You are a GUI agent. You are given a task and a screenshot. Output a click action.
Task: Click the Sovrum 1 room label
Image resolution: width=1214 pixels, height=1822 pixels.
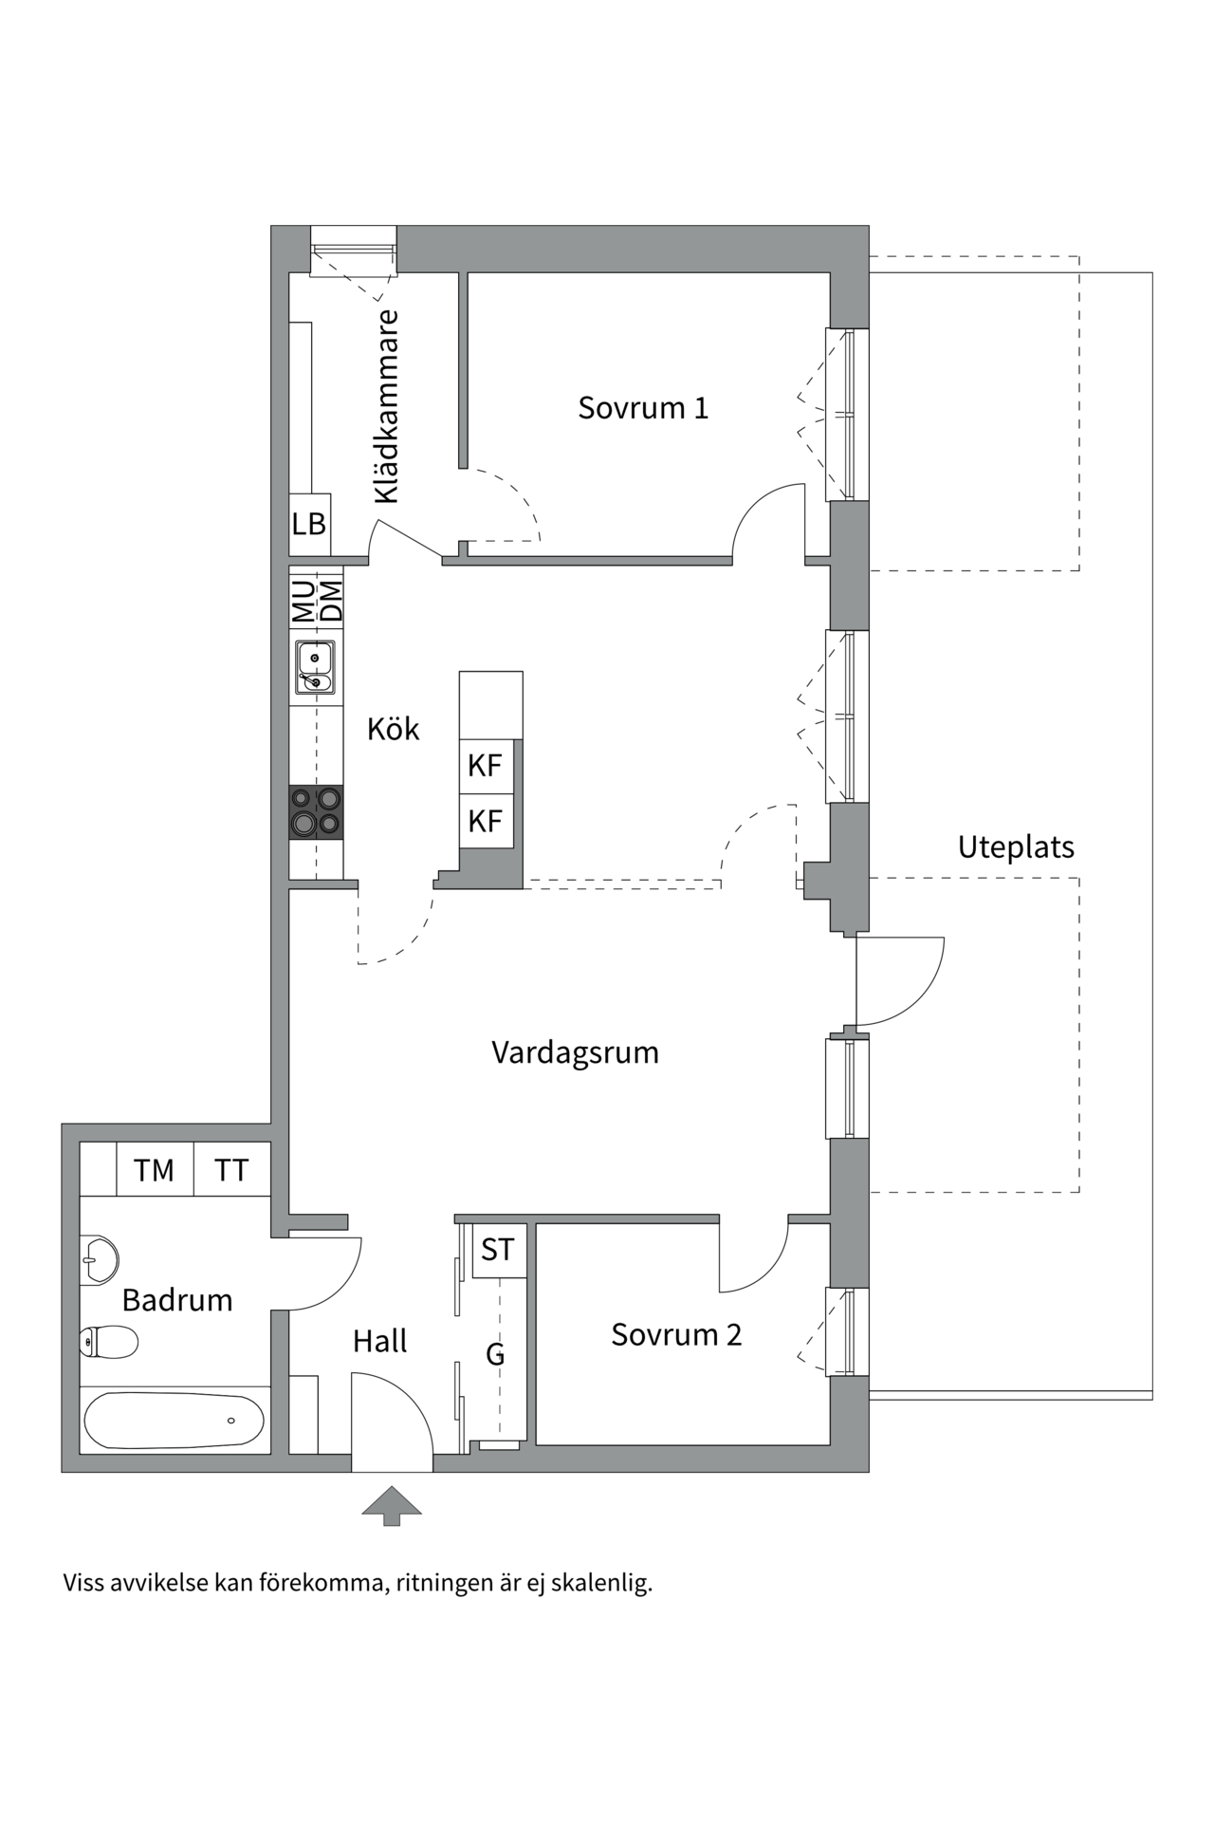pyautogui.click(x=643, y=408)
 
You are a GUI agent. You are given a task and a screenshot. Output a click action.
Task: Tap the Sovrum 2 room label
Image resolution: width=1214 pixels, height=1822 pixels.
pyautogui.click(x=675, y=1334)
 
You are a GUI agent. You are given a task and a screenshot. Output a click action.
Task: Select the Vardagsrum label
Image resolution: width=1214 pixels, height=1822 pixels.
pyautogui.click(x=575, y=1052)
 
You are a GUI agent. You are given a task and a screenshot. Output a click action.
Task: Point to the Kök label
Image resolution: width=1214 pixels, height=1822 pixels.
pyautogui.click(x=393, y=729)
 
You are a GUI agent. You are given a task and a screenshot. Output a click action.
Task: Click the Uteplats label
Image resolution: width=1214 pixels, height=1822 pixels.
pyautogui.click(x=1016, y=846)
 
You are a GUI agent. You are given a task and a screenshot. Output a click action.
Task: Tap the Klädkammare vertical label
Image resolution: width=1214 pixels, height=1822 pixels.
pyautogui.click(x=386, y=407)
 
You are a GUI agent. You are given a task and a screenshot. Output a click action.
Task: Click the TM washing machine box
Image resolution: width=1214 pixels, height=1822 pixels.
pyautogui.click(x=154, y=1170)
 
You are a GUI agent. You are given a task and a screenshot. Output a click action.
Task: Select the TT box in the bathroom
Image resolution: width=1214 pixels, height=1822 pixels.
pyautogui.click(x=231, y=1170)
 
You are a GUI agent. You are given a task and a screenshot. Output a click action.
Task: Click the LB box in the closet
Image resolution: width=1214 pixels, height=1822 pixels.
pyautogui.click(x=309, y=524)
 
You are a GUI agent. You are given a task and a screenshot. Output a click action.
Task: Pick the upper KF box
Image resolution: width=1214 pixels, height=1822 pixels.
pyautogui.click(x=486, y=766)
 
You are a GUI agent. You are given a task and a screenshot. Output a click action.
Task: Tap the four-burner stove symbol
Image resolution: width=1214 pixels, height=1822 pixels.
pyautogui.click(x=316, y=812)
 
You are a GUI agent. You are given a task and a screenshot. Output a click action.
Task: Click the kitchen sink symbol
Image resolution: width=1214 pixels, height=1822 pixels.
pyautogui.click(x=314, y=667)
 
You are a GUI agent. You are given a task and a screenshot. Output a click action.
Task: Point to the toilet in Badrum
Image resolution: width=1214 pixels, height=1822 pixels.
pyautogui.click(x=107, y=1342)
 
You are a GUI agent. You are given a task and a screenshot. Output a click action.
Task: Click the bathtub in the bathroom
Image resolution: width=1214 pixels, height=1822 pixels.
pyautogui.click(x=174, y=1421)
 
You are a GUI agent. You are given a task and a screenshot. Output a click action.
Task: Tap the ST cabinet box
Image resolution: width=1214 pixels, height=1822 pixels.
pyautogui.click(x=498, y=1250)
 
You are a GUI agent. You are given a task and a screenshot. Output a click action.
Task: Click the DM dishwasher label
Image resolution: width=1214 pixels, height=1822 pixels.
pyautogui.click(x=331, y=601)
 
